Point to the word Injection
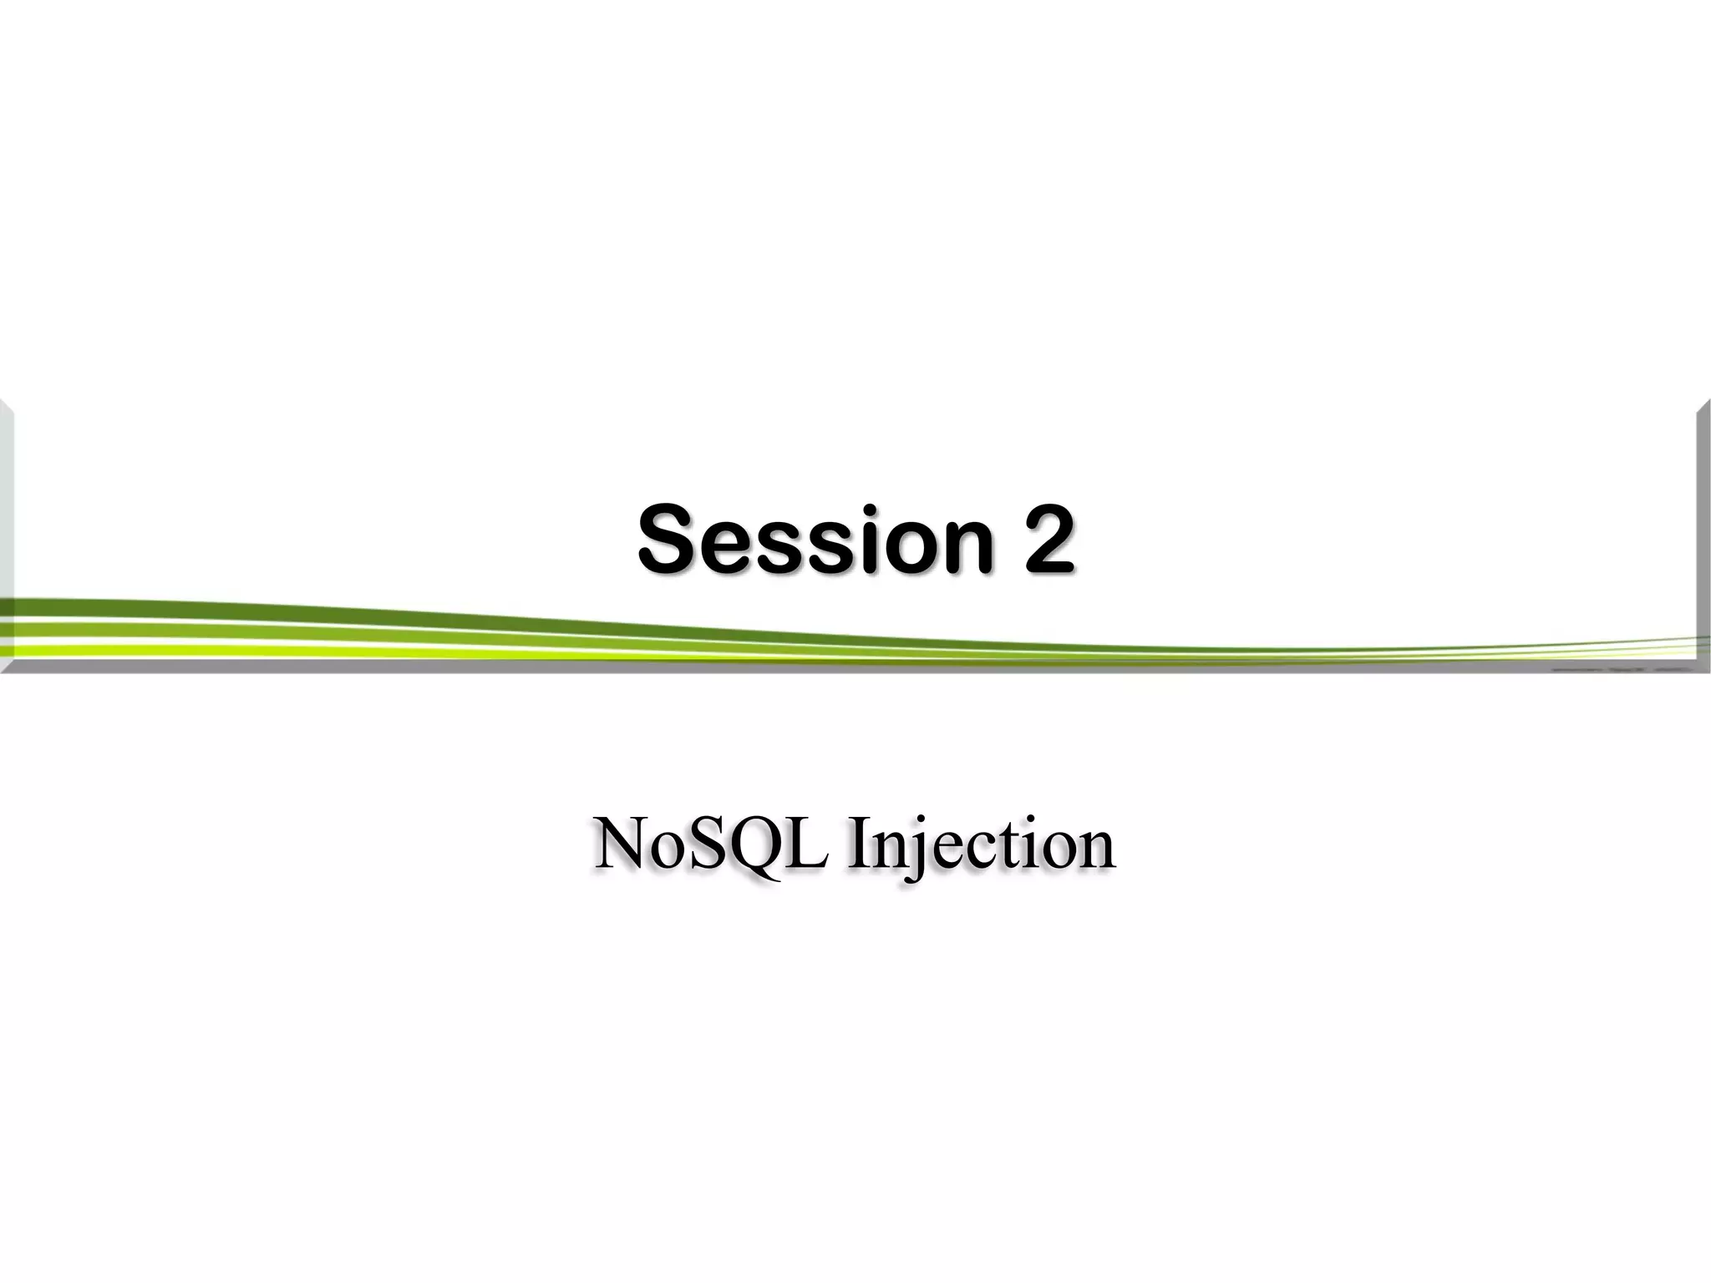pos(981,845)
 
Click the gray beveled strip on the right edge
pos(1703,518)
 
